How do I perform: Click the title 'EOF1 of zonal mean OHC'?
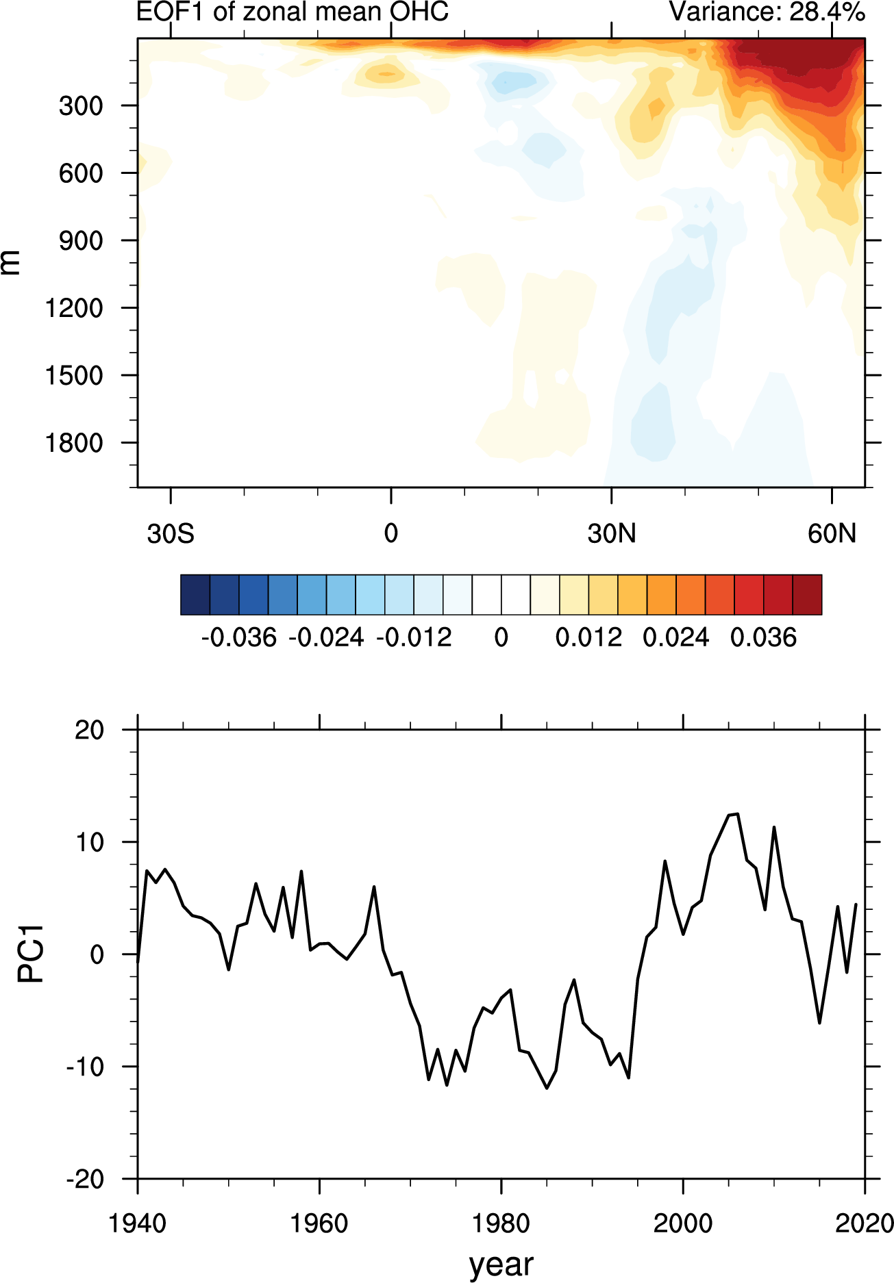pos(293,12)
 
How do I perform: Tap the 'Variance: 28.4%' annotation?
pos(767,12)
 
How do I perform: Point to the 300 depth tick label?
pos(81,106)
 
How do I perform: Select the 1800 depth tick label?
pos(74,444)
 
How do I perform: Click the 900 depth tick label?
pos(81,241)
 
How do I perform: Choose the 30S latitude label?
pos(171,533)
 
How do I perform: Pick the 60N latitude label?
pos(832,533)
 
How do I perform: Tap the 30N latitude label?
pos(611,533)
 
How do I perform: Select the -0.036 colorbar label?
pos(238,638)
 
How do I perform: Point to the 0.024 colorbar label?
pos(675,638)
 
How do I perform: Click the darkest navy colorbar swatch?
pos(195,595)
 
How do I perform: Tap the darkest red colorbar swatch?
pos(807,595)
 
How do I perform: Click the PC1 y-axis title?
pos(30,954)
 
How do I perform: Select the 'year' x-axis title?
pos(501,1264)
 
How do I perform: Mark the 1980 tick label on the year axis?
pos(501,1223)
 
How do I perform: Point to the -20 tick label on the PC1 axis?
pos(85,1179)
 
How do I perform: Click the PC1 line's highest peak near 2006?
pos(737,814)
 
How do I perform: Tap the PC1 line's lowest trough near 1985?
pos(547,1088)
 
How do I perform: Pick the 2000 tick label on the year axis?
pos(683,1223)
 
